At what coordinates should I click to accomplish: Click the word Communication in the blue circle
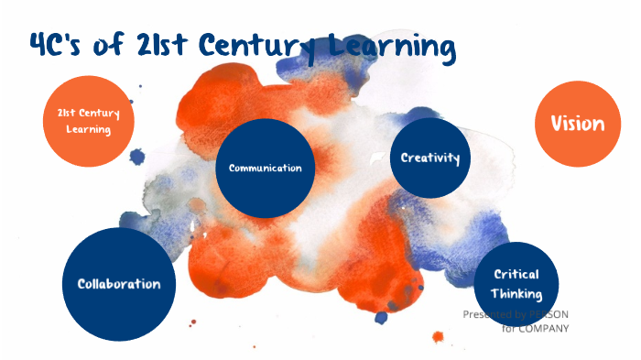265,169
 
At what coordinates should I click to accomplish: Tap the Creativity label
429,158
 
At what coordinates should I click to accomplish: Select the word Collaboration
118,284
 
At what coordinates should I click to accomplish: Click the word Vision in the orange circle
577,124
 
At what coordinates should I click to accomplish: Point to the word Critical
516,274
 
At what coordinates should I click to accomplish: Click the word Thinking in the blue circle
516,294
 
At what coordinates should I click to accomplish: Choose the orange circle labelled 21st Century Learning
88,121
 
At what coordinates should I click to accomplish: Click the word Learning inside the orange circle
88,130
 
